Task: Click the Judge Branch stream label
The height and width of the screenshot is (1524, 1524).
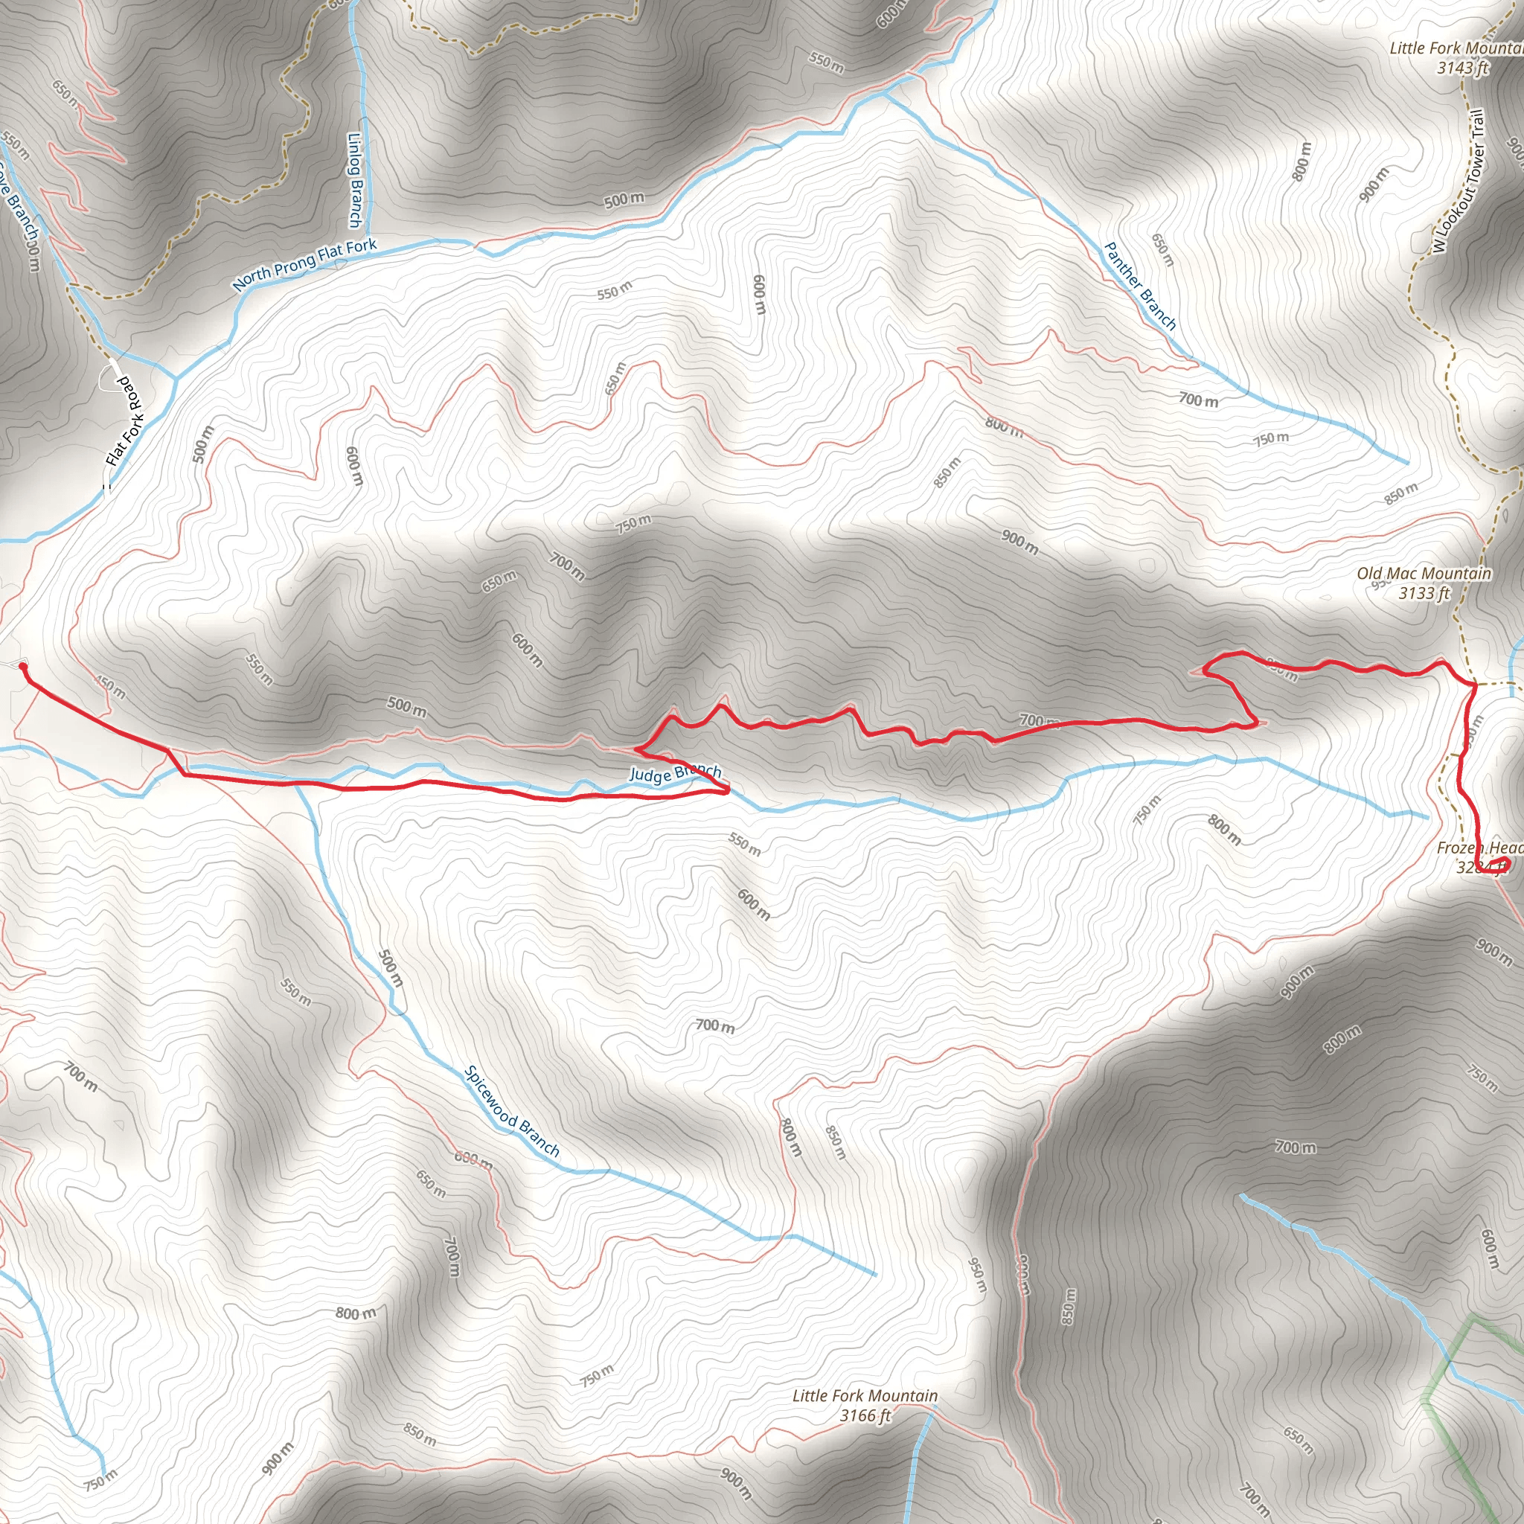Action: click(x=674, y=773)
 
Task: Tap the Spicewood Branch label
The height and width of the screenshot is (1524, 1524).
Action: click(x=511, y=1112)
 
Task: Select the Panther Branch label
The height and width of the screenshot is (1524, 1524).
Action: click(x=1140, y=286)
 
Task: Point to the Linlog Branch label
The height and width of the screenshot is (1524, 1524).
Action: click(x=356, y=180)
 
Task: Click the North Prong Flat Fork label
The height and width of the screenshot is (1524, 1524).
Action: click(x=304, y=264)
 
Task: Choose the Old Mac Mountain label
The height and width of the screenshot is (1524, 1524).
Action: click(x=1424, y=574)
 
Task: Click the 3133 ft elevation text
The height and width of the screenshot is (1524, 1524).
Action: click(x=1424, y=593)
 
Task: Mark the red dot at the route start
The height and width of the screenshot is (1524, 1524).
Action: click(x=22, y=667)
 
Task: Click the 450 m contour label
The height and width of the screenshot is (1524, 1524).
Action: click(x=109, y=687)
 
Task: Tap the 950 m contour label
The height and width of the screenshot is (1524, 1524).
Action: click(x=976, y=1274)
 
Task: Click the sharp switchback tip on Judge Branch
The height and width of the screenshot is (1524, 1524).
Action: click(x=726, y=788)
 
